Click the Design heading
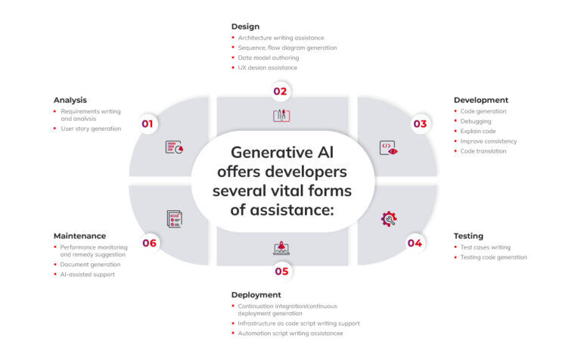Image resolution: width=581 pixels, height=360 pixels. click(245, 26)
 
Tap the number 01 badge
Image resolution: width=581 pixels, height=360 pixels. click(148, 124)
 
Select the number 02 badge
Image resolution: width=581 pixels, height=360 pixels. click(281, 92)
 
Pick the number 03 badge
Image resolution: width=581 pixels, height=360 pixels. click(419, 124)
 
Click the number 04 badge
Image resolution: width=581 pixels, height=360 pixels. click(415, 243)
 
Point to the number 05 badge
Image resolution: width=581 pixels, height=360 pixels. click(281, 271)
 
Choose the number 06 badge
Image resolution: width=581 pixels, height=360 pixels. click(149, 243)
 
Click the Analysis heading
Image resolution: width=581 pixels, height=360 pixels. click(70, 100)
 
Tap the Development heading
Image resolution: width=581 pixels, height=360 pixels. click(480, 100)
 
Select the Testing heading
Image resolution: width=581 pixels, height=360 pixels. click(468, 236)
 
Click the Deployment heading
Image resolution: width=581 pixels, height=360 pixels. click(256, 294)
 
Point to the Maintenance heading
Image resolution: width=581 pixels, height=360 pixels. click(79, 236)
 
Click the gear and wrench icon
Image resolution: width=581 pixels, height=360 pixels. click(389, 219)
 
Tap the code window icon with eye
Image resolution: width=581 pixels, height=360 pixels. click(388, 148)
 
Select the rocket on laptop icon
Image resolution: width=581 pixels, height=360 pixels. click(281, 247)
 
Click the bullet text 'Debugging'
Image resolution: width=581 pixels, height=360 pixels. click(476, 121)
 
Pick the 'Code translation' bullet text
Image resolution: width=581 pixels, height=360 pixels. click(483, 151)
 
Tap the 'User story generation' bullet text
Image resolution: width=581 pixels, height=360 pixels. click(91, 129)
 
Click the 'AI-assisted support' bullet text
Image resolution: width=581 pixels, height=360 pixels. click(89, 275)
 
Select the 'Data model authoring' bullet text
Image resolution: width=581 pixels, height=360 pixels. click(269, 57)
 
